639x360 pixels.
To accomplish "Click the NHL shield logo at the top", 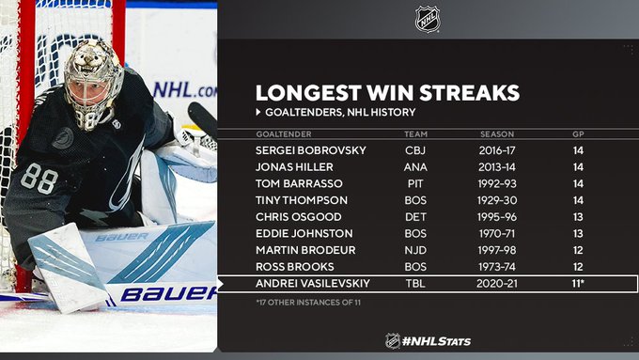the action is (x=427, y=19).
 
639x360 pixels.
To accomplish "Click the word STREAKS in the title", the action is (x=470, y=93).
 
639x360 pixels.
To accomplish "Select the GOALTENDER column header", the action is (x=284, y=134).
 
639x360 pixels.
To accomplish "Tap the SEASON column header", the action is (x=497, y=134).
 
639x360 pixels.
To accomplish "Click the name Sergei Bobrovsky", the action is (x=311, y=150).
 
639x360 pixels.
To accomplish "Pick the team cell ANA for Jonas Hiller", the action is (x=415, y=167).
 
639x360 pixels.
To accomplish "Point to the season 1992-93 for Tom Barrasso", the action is (x=497, y=184).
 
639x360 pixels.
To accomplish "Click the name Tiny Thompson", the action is (x=302, y=200).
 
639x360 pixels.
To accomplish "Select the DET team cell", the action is (x=415, y=217).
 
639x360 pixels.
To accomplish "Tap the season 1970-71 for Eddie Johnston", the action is (x=497, y=234).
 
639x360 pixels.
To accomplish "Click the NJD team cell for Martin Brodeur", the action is (x=415, y=250).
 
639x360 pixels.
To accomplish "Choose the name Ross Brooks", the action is (x=295, y=267).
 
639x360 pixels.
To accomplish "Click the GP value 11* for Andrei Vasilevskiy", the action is (x=578, y=283).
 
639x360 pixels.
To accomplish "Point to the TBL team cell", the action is (x=415, y=283).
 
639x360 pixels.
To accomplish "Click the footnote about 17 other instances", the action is (x=308, y=303).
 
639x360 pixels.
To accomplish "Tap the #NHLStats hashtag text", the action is (x=436, y=341).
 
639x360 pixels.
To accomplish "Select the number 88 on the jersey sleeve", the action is (x=39, y=179).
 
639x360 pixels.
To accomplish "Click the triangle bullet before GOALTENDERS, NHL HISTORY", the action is (x=258, y=112).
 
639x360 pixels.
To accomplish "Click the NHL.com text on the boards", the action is (x=184, y=90).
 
